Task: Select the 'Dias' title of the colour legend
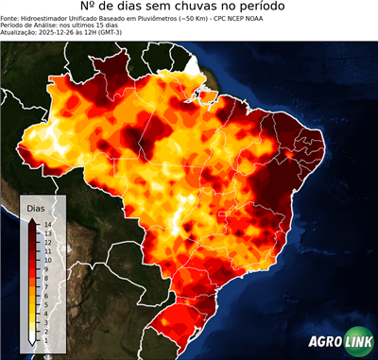point(35,207)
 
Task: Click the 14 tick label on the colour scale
point(46,224)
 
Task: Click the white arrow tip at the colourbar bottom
point(32,338)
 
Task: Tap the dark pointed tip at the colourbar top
point(32,218)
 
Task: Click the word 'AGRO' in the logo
point(326,343)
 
